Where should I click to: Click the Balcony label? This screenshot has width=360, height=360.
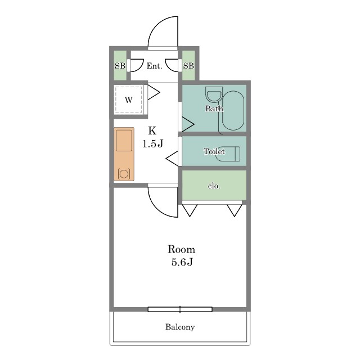click(x=180, y=327)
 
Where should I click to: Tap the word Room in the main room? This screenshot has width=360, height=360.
click(x=181, y=249)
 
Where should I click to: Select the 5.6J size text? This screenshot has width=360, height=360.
click(x=182, y=262)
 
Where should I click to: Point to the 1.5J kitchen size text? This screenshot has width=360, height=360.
click(x=152, y=144)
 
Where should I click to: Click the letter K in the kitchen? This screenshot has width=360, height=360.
click(x=152, y=130)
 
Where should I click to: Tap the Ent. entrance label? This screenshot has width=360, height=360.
click(x=154, y=66)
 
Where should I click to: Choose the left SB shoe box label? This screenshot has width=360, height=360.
click(x=120, y=66)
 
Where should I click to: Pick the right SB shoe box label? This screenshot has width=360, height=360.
click(x=188, y=66)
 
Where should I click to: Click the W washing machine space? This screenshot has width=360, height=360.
click(x=129, y=100)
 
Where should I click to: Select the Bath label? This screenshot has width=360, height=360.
click(x=214, y=109)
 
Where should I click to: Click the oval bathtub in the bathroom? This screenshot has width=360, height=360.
click(x=233, y=111)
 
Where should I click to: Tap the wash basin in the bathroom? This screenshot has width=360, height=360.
click(x=214, y=94)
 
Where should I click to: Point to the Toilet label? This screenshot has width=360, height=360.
click(x=214, y=151)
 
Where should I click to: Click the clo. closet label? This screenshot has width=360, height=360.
click(x=214, y=186)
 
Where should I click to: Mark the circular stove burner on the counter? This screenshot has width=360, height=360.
click(x=124, y=174)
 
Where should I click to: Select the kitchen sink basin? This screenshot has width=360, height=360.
click(x=124, y=141)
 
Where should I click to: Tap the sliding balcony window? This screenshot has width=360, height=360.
click(x=180, y=309)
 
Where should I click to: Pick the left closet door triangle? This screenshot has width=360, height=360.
click(x=190, y=210)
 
